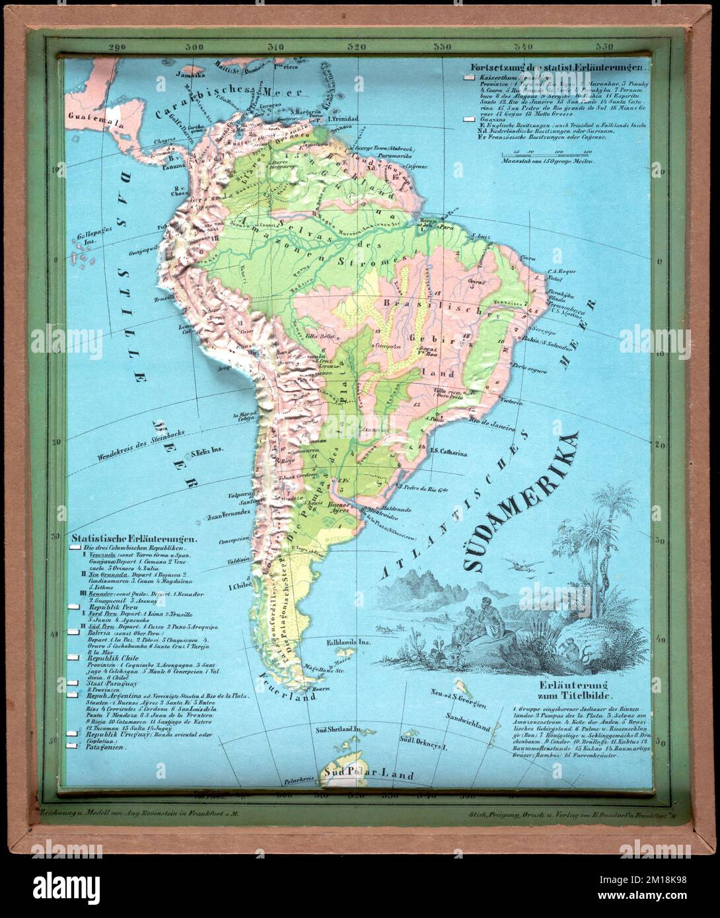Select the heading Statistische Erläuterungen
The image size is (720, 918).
point(132,538)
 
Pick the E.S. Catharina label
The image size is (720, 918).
point(449,453)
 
